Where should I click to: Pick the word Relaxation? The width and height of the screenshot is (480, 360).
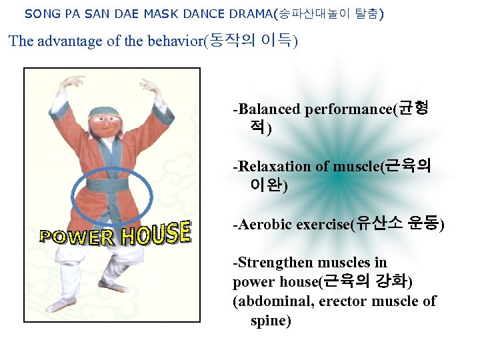[x=274, y=166]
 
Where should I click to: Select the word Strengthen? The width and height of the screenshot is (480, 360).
[x=275, y=263]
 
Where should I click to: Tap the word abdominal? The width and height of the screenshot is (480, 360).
[x=271, y=301]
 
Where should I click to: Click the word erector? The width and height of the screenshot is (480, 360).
[x=342, y=301]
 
